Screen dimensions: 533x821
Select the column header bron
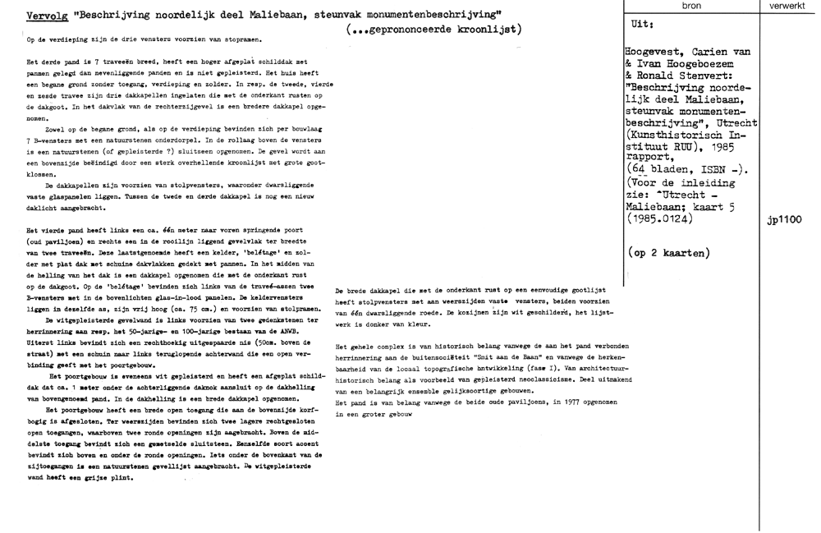click(x=691, y=5)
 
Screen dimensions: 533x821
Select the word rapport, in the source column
click(x=649, y=153)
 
